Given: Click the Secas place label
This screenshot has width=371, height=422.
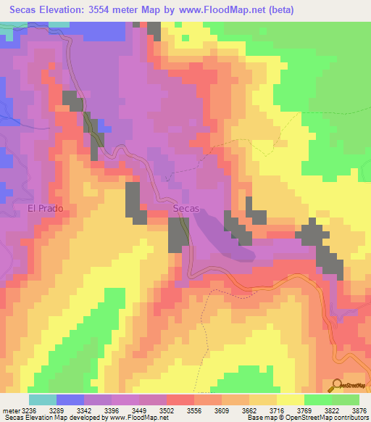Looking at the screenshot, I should [186, 209].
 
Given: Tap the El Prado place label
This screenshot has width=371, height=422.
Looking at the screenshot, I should [46, 209].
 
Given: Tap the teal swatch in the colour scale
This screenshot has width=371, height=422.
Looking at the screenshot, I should [43, 400].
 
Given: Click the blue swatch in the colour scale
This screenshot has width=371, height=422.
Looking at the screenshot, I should [70, 400].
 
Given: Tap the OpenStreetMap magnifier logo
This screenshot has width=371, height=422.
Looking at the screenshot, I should [336, 385].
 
